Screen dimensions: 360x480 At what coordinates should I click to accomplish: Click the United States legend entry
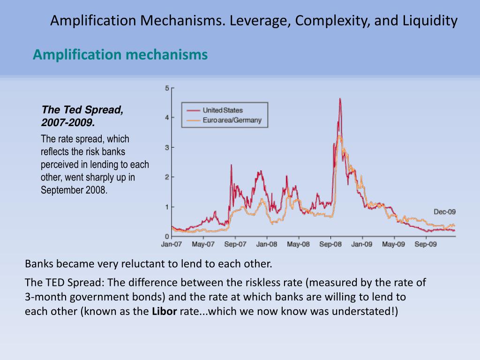223,110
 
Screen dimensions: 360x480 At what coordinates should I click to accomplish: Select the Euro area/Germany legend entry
232,120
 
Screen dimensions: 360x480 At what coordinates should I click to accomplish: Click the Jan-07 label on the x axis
171,244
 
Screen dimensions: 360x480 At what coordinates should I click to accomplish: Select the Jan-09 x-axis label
362,244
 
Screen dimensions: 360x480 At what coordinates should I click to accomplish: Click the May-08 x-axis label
298,244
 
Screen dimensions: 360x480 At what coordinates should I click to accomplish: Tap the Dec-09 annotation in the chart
444,212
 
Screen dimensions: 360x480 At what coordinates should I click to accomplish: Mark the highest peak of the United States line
340,99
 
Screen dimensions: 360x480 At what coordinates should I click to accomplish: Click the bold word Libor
164,312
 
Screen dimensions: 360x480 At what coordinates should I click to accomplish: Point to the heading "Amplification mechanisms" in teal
120,55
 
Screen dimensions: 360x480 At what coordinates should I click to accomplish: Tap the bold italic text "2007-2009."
68,123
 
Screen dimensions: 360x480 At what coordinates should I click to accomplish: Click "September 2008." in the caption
74,190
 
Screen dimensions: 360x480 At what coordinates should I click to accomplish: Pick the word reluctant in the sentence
140,263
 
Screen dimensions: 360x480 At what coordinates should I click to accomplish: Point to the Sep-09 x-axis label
426,244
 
